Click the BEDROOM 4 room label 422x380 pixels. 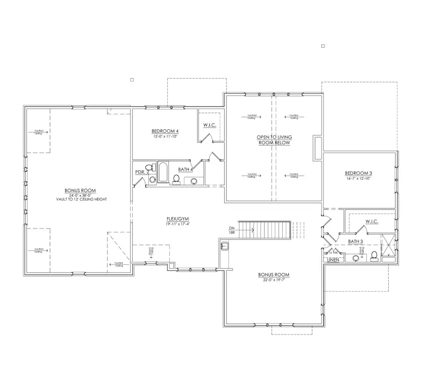tap(165, 131)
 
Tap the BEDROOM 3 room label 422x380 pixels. tap(358, 173)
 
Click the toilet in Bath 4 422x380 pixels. tap(177, 180)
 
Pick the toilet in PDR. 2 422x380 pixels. tap(149, 167)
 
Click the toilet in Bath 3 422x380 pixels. tap(374, 255)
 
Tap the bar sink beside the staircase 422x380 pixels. tap(224, 245)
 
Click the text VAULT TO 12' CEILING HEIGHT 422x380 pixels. tap(80, 199)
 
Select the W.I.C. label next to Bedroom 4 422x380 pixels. tap(209, 125)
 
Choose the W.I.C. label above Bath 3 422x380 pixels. tap(372, 222)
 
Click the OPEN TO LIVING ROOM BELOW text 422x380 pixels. tap(274, 140)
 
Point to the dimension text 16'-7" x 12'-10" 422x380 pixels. tap(358, 179)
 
